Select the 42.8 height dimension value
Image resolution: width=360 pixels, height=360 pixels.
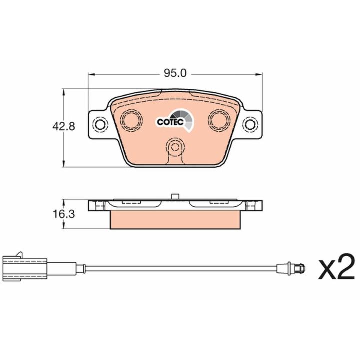pos(64,126)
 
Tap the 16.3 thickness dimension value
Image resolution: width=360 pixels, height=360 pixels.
pos(64,214)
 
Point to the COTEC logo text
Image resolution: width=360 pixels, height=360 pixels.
pos(170,122)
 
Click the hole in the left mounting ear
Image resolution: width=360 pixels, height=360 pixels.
pos(100,125)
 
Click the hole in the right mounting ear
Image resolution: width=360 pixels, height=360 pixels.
pos(250,125)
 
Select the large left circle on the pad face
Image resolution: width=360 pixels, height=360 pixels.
pos(131,120)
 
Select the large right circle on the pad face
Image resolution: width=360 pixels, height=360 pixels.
pos(219,120)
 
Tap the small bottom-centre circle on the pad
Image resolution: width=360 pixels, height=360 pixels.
pos(175,147)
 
